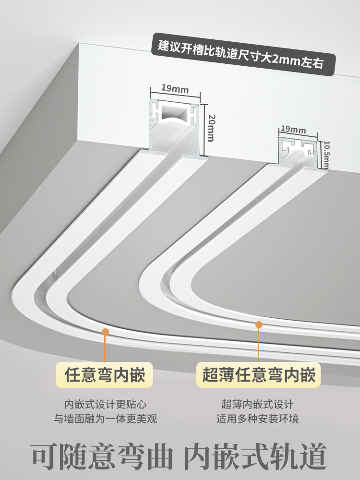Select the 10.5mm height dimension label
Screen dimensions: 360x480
[326, 154]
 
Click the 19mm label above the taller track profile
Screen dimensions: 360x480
[174, 88]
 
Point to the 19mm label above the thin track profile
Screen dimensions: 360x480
[293, 129]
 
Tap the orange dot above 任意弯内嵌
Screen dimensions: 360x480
[105, 331]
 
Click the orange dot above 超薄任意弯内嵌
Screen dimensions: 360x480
[259, 325]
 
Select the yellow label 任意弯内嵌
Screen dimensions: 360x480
[104, 374]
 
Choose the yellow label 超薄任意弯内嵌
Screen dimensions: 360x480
[259, 374]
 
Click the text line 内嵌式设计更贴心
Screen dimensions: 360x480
[105, 404]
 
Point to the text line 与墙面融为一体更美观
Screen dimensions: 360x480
[105, 419]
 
